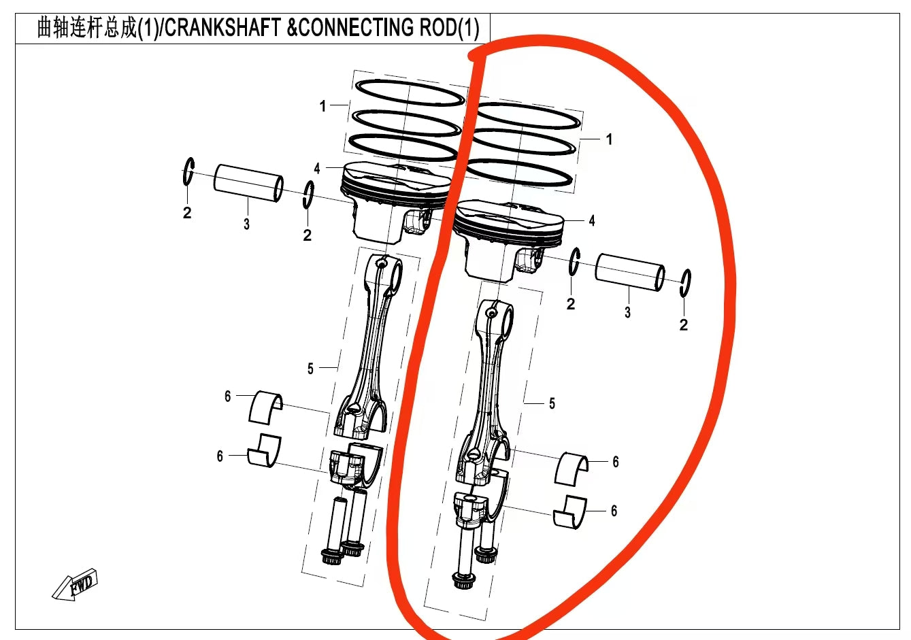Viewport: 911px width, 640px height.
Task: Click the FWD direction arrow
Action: coord(76,585)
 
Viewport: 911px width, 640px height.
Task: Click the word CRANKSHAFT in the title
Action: coord(223,28)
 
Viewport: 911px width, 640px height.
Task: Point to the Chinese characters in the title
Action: coord(86,28)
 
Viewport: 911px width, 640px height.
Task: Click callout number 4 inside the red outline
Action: coord(592,221)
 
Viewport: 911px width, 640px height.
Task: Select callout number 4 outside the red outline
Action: coord(317,169)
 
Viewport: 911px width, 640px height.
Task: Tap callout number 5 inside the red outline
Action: coord(552,404)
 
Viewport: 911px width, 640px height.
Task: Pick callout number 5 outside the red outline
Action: coord(310,369)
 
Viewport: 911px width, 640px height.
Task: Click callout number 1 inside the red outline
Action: coord(609,139)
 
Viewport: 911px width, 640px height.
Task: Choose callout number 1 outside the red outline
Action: coord(322,106)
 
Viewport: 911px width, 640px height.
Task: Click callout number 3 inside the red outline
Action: coord(627,312)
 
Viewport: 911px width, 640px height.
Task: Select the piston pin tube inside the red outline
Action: coord(630,273)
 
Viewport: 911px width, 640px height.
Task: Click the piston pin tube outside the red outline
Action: coord(248,182)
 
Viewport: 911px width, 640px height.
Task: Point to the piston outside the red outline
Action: coord(395,201)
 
